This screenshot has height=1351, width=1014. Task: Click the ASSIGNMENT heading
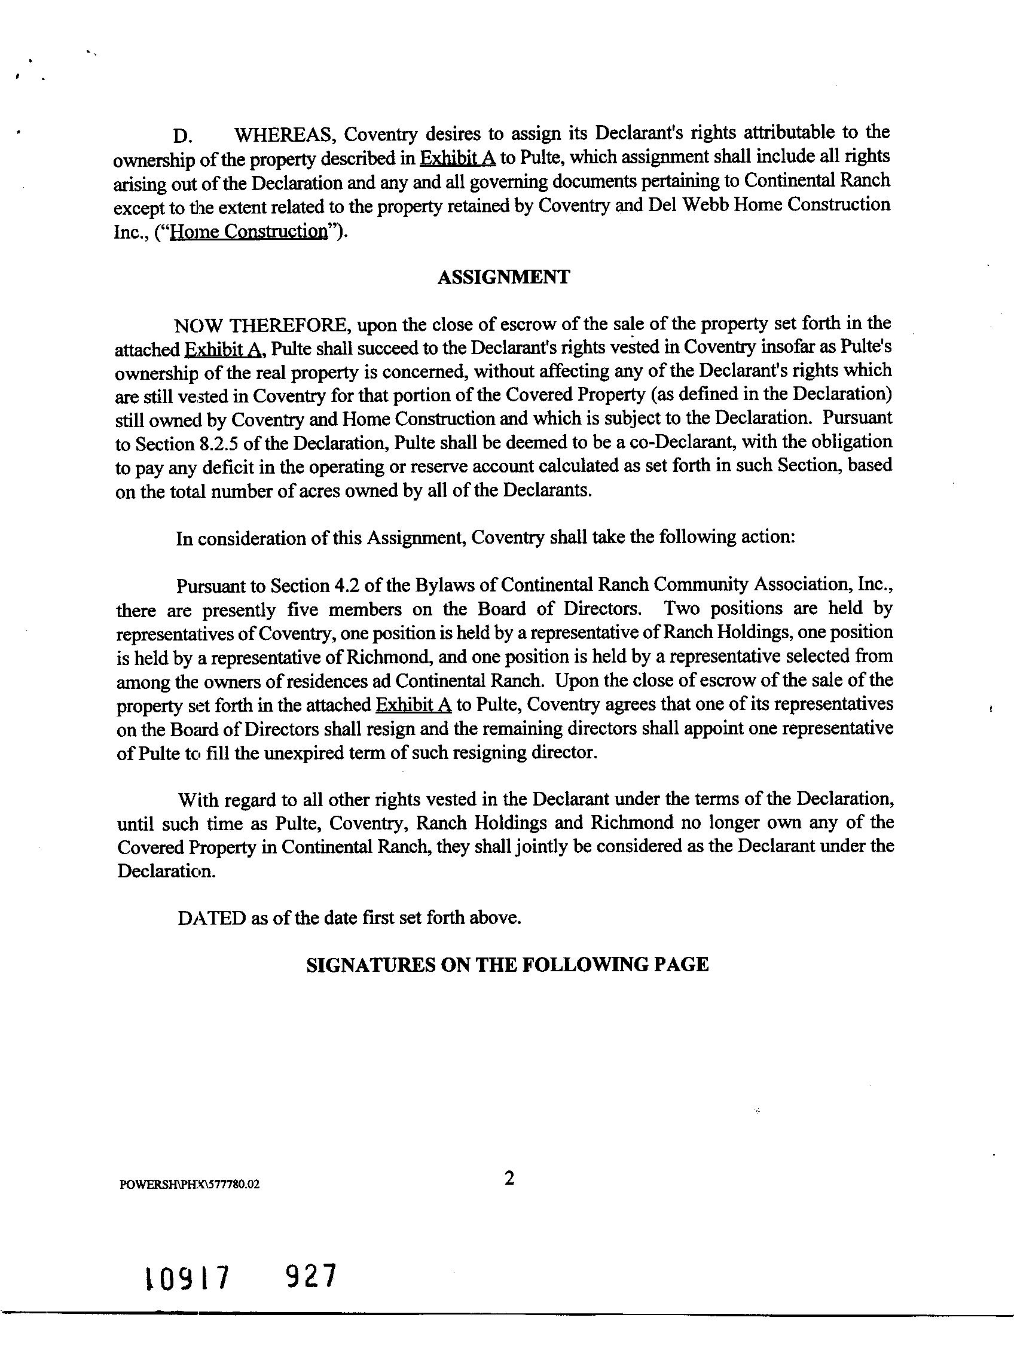click(x=503, y=277)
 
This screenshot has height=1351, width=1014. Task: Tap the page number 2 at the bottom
click(x=509, y=1179)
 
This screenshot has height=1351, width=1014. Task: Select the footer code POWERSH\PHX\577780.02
click(x=190, y=1185)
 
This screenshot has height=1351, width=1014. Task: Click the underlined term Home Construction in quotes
click(x=249, y=232)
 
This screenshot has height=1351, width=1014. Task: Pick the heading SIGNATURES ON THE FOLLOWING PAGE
click(x=506, y=965)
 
